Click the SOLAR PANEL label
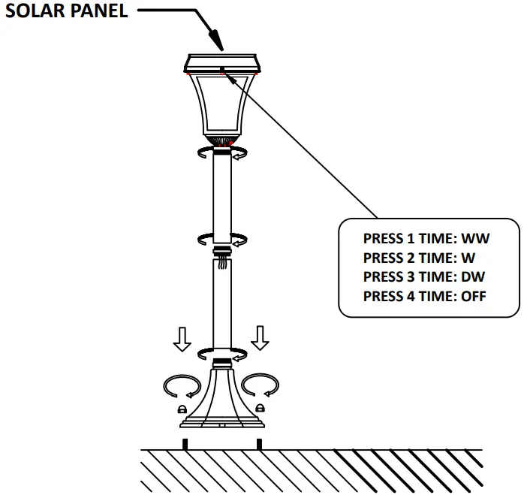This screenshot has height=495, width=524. [x=67, y=12]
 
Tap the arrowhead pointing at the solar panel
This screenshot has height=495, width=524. [x=216, y=42]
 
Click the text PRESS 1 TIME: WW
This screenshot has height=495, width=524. [x=426, y=239]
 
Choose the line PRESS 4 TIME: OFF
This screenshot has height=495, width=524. [x=424, y=296]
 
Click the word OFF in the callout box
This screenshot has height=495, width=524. [x=473, y=296]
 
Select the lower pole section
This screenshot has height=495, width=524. [x=221, y=308]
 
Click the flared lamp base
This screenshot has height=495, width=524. [x=221, y=398]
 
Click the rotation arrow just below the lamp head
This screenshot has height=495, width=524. [x=221, y=154]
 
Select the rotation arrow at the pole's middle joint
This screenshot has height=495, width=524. [x=221, y=240]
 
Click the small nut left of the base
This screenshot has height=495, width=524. [x=181, y=408]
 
